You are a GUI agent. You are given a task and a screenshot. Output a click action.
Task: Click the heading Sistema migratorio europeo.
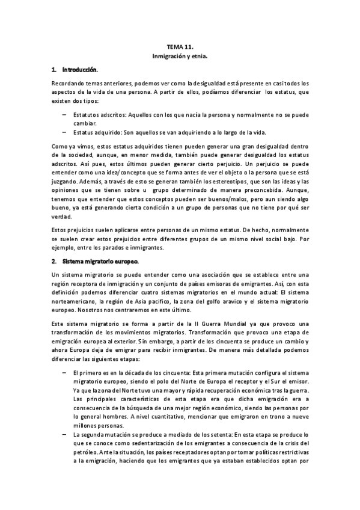[100, 245]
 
